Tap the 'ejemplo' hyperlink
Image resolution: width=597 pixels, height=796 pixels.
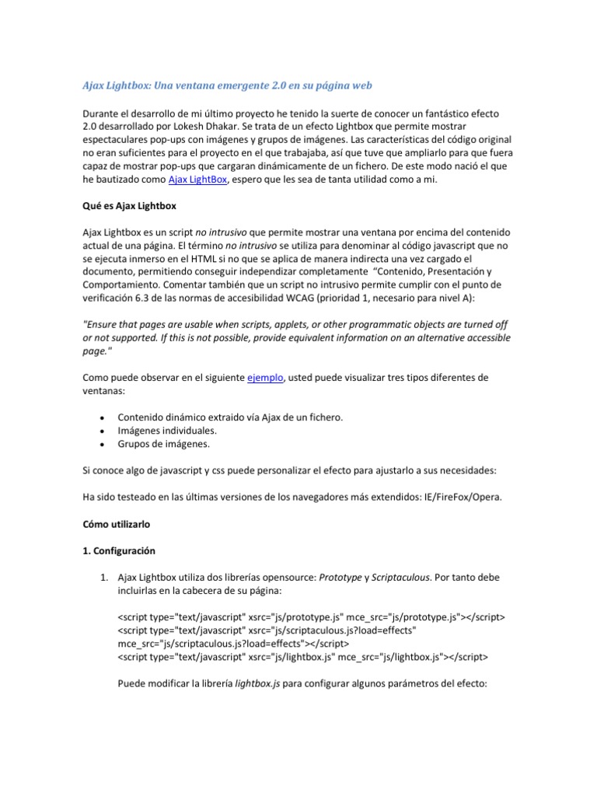coord(265,378)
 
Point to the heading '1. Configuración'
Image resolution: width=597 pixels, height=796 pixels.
coord(119,550)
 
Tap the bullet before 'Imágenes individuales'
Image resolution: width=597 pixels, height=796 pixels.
coord(102,431)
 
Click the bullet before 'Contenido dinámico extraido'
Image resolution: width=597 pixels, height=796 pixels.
coord(102,418)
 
